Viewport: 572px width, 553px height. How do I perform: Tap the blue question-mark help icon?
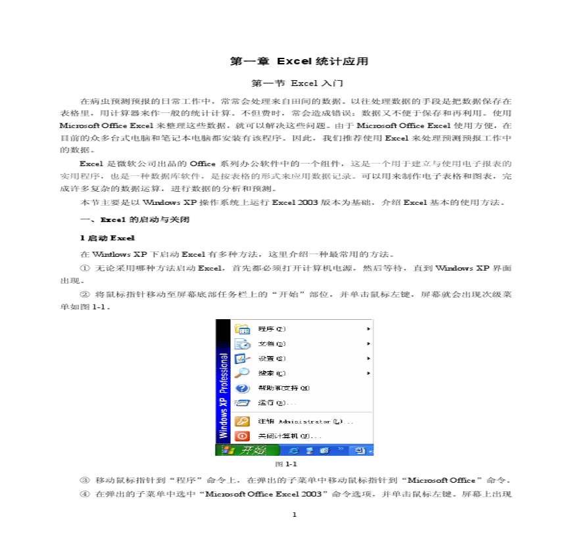[243, 388]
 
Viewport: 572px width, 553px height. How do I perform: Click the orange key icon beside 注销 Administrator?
[243, 421]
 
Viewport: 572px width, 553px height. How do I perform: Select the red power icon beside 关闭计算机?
[243, 435]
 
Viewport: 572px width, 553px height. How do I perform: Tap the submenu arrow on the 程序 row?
[369, 329]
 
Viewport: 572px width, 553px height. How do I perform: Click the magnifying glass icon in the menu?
[243, 373]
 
